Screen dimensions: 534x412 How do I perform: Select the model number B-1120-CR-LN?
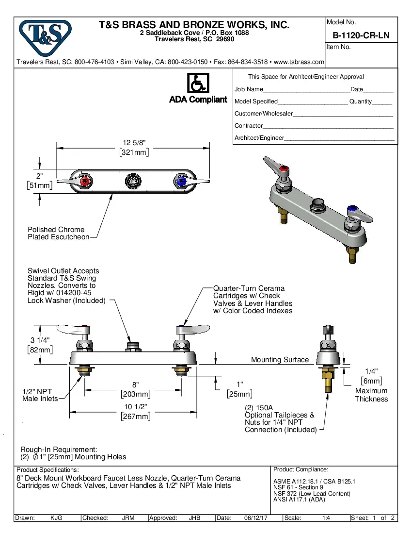click(x=361, y=35)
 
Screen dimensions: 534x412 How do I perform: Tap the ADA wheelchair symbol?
click(x=198, y=84)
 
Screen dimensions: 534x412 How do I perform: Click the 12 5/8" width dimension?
click(x=134, y=143)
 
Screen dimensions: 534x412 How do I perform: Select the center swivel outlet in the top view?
click(x=132, y=181)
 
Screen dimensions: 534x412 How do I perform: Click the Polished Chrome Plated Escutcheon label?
click(x=58, y=233)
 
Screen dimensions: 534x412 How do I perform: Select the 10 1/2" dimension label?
click(x=135, y=406)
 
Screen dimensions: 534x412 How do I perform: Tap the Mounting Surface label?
click(x=280, y=360)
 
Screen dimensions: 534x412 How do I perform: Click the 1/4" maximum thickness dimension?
click(x=371, y=371)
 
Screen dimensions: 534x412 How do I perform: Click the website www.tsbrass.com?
click(x=299, y=62)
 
